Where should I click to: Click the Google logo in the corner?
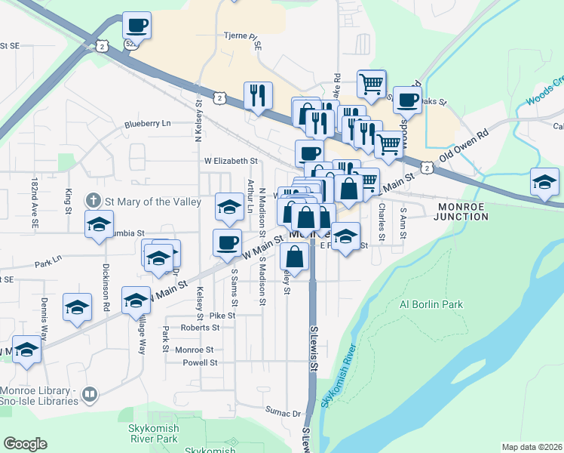(25, 444)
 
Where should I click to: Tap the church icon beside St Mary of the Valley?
(93, 201)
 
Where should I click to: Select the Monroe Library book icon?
(90, 394)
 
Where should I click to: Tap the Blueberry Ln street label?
(148, 123)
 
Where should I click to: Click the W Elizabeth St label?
(231, 161)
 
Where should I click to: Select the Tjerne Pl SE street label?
(242, 35)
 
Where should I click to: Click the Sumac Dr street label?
(283, 413)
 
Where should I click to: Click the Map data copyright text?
(532, 447)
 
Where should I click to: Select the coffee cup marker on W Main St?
(227, 242)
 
